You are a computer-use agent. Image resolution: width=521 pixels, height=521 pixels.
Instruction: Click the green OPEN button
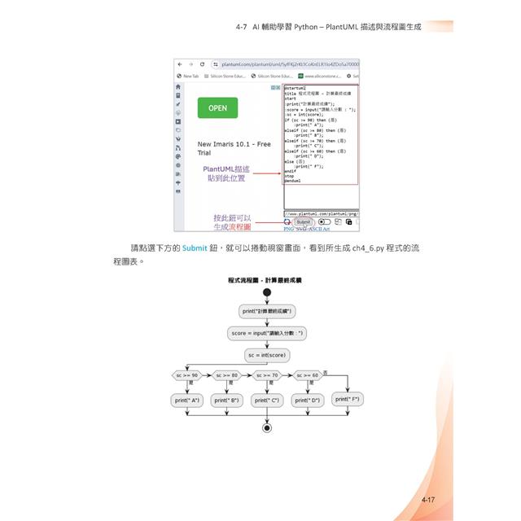(217, 107)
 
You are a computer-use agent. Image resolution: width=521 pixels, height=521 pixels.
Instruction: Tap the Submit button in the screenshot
(303, 221)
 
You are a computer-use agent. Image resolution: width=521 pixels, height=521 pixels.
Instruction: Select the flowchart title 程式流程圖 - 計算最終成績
(265, 280)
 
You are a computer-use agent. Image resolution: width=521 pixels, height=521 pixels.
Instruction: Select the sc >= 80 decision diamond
(227, 375)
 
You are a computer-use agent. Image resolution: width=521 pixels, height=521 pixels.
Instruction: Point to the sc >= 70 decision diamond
(267, 375)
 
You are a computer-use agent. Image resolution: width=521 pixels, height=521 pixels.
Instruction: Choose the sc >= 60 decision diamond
(307, 375)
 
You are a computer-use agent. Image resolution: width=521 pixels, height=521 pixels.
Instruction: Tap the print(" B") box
(227, 401)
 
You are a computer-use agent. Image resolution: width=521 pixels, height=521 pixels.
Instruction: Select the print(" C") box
(267, 401)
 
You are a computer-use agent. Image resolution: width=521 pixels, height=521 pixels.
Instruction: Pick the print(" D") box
(307, 401)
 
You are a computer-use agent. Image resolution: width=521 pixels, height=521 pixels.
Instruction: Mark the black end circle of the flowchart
(267, 427)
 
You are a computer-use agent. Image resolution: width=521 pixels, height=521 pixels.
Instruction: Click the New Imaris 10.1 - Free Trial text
(234, 148)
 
